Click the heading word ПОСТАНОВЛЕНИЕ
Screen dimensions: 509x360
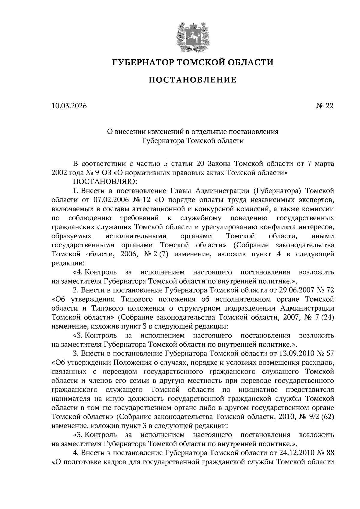click(193, 80)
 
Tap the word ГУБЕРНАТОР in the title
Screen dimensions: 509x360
click(142, 63)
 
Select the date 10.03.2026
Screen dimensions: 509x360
click(69, 106)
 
